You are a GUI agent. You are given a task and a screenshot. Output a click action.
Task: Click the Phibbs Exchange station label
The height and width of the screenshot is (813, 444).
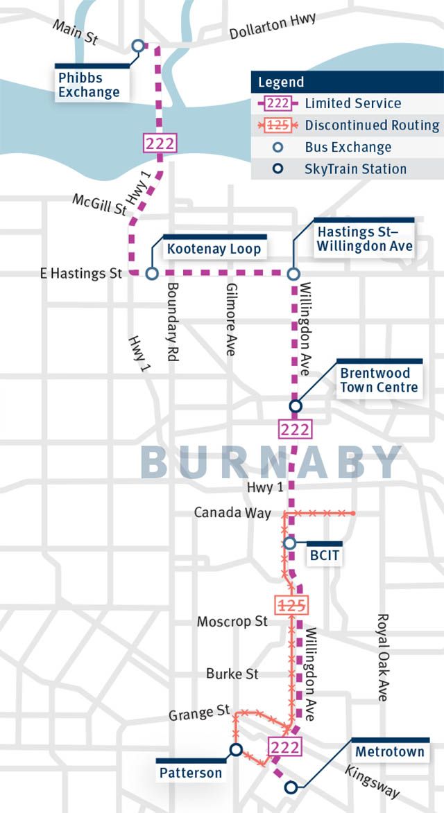[x=88, y=84]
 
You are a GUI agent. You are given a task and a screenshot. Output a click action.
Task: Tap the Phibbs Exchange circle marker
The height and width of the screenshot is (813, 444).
[x=137, y=46]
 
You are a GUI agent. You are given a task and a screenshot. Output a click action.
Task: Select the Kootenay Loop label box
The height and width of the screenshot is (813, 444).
[x=214, y=248]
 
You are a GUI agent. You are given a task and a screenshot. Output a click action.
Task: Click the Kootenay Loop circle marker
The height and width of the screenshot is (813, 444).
[x=152, y=273]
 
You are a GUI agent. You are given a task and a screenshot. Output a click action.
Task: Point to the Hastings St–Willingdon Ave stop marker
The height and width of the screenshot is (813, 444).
[x=293, y=273]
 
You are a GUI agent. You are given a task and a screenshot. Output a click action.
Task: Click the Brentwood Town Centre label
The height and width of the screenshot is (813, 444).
[x=379, y=380]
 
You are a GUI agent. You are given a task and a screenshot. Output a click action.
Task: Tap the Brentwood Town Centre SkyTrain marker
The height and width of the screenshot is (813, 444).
[x=295, y=405]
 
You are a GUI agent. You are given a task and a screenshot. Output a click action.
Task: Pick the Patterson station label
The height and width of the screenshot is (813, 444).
[x=191, y=772]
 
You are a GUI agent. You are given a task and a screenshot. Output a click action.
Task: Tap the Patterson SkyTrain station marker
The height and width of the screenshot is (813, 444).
[x=236, y=749]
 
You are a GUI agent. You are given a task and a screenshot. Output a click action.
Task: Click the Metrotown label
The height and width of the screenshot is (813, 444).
[x=389, y=751]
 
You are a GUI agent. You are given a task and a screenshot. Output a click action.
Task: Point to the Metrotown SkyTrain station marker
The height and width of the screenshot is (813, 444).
[x=291, y=787]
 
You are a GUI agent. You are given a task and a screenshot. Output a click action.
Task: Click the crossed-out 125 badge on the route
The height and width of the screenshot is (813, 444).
[x=291, y=605]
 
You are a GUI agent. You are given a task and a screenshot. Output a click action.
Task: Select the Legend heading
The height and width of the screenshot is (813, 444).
[x=281, y=82]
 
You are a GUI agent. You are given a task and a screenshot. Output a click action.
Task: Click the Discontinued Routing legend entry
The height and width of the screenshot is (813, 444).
[x=372, y=125]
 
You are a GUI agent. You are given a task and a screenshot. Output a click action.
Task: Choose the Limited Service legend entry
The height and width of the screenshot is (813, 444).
[x=352, y=103]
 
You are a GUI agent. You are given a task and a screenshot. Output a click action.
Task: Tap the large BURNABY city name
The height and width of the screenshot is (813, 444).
[x=271, y=461]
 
